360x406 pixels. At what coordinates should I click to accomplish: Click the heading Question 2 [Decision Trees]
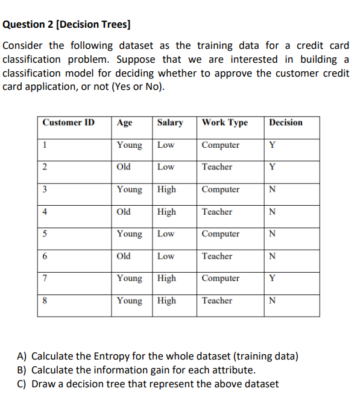(67, 25)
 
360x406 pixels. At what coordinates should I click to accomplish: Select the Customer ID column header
(69, 122)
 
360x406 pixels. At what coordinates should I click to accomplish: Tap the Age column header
(125, 122)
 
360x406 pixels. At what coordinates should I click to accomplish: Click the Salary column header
(170, 122)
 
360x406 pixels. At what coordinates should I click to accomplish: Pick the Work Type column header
(225, 122)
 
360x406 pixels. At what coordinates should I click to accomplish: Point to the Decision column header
(286, 122)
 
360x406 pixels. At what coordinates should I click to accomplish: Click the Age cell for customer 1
(130, 145)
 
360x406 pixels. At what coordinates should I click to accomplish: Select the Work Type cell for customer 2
(217, 167)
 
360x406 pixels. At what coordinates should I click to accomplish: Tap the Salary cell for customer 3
(166, 189)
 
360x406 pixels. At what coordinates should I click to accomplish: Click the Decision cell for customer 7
(273, 278)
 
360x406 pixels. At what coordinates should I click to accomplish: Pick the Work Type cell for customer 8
(217, 300)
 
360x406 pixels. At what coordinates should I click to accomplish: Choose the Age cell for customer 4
(124, 212)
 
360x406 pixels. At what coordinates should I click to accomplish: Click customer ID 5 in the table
(45, 234)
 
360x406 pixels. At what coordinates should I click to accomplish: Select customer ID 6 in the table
(45, 256)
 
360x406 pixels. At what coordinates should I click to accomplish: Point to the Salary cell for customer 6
(166, 256)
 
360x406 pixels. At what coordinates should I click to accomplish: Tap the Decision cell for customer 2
(273, 167)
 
